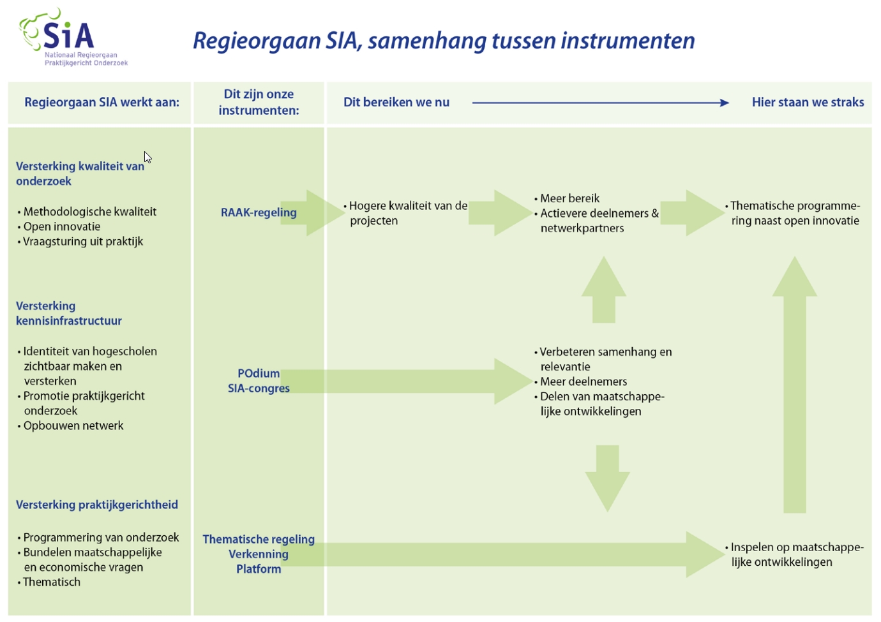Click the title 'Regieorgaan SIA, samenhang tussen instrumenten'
[444, 41]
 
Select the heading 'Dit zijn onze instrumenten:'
[259, 102]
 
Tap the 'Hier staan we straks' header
[808, 102]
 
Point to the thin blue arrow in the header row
[600, 103]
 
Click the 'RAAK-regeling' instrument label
[259, 212]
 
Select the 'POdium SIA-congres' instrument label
[259, 381]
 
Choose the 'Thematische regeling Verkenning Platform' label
[259, 554]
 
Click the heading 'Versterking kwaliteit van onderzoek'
[80, 174]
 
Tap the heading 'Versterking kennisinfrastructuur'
[69, 313]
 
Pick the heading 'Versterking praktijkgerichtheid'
[97, 505]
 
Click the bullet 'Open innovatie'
[62, 226]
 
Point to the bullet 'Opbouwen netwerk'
[73, 426]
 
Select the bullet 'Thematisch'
[52, 582]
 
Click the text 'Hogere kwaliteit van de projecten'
[407, 213]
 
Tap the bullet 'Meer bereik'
[569, 198]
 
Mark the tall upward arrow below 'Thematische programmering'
[795, 383]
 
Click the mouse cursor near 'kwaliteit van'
[147, 157]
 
